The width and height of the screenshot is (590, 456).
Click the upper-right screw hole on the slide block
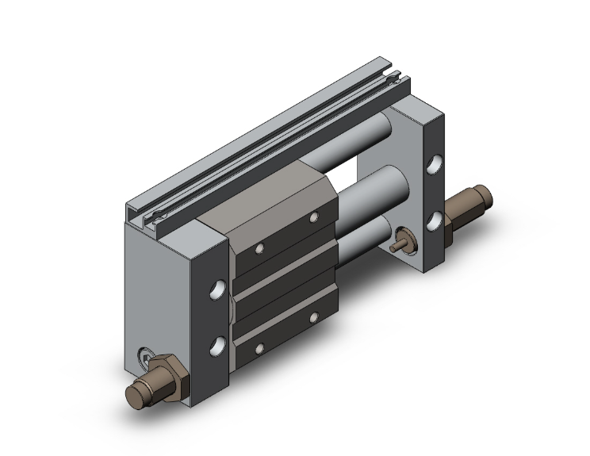tap(314, 217)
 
